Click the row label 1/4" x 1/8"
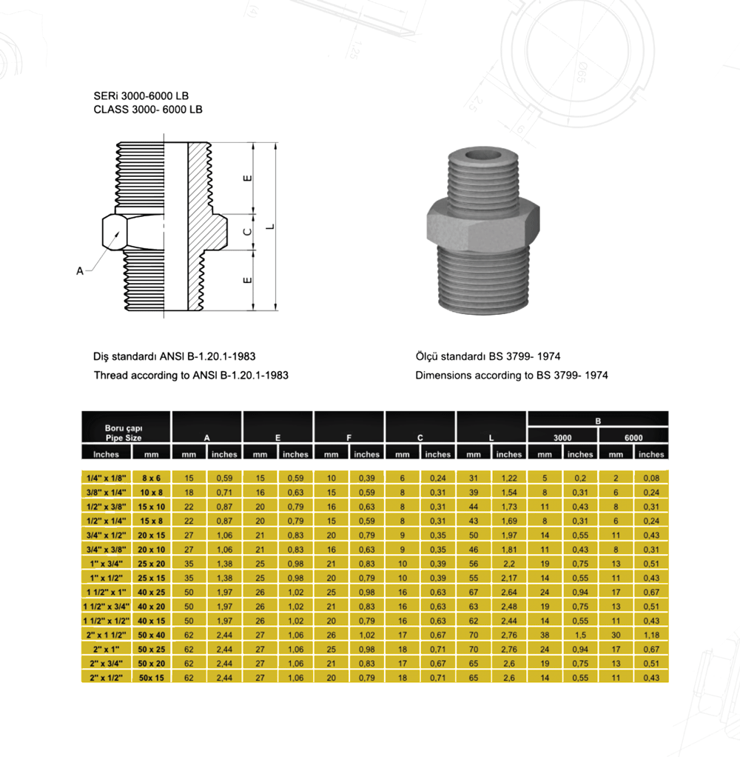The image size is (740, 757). click(x=106, y=478)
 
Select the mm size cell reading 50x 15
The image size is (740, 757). click(x=152, y=678)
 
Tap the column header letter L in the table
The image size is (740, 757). click(x=491, y=438)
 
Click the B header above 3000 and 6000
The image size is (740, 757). click(x=598, y=421)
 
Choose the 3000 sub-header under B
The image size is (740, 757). click(x=562, y=438)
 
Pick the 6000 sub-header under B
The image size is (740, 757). click(x=633, y=438)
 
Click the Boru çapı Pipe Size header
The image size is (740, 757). click(x=124, y=433)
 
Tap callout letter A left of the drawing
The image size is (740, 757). click(x=80, y=271)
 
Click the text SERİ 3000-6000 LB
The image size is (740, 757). click(x=141, y=96)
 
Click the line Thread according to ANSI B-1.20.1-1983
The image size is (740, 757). click(x=191, y=376)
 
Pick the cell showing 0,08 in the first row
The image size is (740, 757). click(x=651, y=478)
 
